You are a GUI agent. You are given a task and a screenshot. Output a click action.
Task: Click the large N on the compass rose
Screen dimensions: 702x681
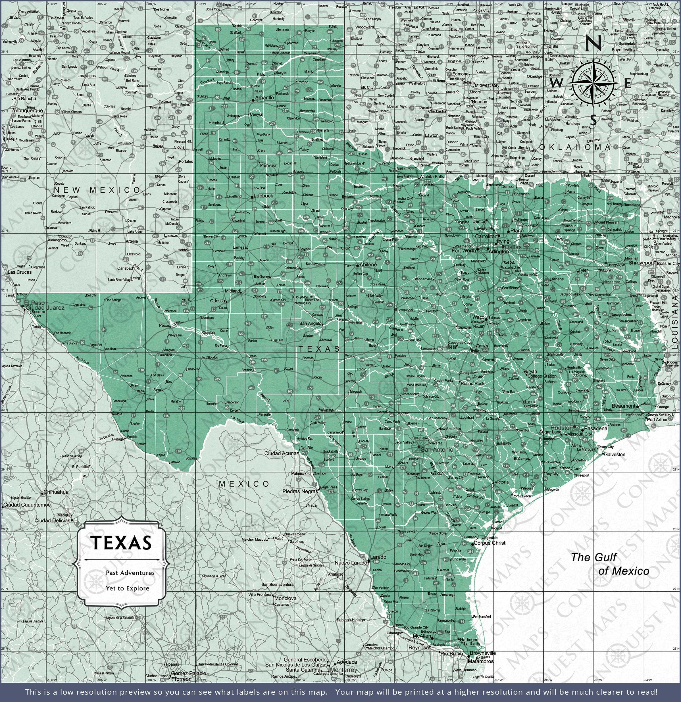pyautogui.click(x=593, y=44)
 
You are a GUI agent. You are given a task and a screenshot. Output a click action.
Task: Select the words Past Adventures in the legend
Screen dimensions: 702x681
pyautogui.click(x=130, y=573)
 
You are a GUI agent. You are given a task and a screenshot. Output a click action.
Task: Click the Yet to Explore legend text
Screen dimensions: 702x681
pyautogui.click(x=127, y=588)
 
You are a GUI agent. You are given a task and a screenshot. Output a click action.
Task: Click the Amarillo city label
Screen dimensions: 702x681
pyautogui.click(x=265, y=97)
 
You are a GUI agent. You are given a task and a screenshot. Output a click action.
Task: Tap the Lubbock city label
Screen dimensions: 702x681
pyautogui.click(x=263, y=196)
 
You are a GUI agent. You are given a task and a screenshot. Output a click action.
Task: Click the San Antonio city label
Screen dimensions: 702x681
pyautogui.click(x=437, y=449)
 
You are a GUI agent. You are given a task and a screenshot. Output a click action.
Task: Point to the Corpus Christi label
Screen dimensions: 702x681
pyautogui.click(x=490, y=543)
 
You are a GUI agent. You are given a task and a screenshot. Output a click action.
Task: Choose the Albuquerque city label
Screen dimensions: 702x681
pyautogui.click(x=28, y=111)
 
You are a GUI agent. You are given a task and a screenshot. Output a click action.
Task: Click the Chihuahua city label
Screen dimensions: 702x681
pyautogui.click(x=56, y=492)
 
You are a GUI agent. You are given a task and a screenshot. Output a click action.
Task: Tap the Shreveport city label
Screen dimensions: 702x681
pyautogui.click(x=642, y=263)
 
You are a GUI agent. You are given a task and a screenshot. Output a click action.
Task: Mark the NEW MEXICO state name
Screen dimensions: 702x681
pyautogui.click(x=97, y=190)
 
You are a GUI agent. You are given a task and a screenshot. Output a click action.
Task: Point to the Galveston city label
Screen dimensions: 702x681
pyautogui.click(x=615, y=455)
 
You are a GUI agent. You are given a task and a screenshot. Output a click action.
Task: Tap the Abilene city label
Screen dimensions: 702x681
pyautogui.click(x=368, y=265)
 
